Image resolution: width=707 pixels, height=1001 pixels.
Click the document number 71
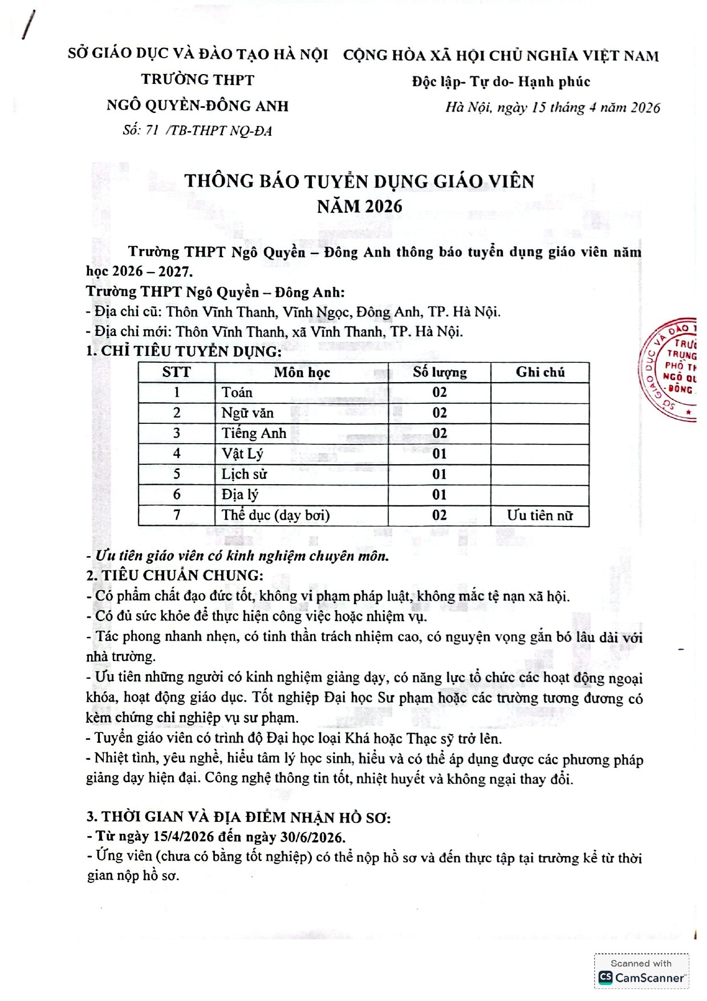[x=152, y=131]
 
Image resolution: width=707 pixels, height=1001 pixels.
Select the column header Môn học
[x=302, y=372]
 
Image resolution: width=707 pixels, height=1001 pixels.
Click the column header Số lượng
[x=440, y=372]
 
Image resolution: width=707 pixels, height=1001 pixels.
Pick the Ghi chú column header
[x=540, y=372]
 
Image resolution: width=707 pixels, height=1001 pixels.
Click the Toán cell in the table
[x=237, y=392]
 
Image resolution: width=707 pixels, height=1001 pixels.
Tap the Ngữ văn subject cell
[x=247, y=413]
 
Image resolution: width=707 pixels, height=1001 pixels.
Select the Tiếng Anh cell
[x=254, y=433]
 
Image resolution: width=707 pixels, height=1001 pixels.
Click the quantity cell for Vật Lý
[x=440, y=454]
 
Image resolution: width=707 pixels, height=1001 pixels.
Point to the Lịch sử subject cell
[x=244, y=475]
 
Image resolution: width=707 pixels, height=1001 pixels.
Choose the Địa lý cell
[x=239, y=495]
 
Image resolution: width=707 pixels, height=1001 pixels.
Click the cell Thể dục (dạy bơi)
[x=275, y=515]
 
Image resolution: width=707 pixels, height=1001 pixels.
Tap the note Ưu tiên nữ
[x=539, y=515]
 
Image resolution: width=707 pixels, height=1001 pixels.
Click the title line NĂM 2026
[x=360, y=206]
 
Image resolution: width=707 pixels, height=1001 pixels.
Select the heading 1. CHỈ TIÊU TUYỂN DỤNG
[x=184, y=351]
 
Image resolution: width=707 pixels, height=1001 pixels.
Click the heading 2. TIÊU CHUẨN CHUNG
[x=174, y=575]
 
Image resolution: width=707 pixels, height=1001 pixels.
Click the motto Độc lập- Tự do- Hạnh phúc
[x=501, y=82]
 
